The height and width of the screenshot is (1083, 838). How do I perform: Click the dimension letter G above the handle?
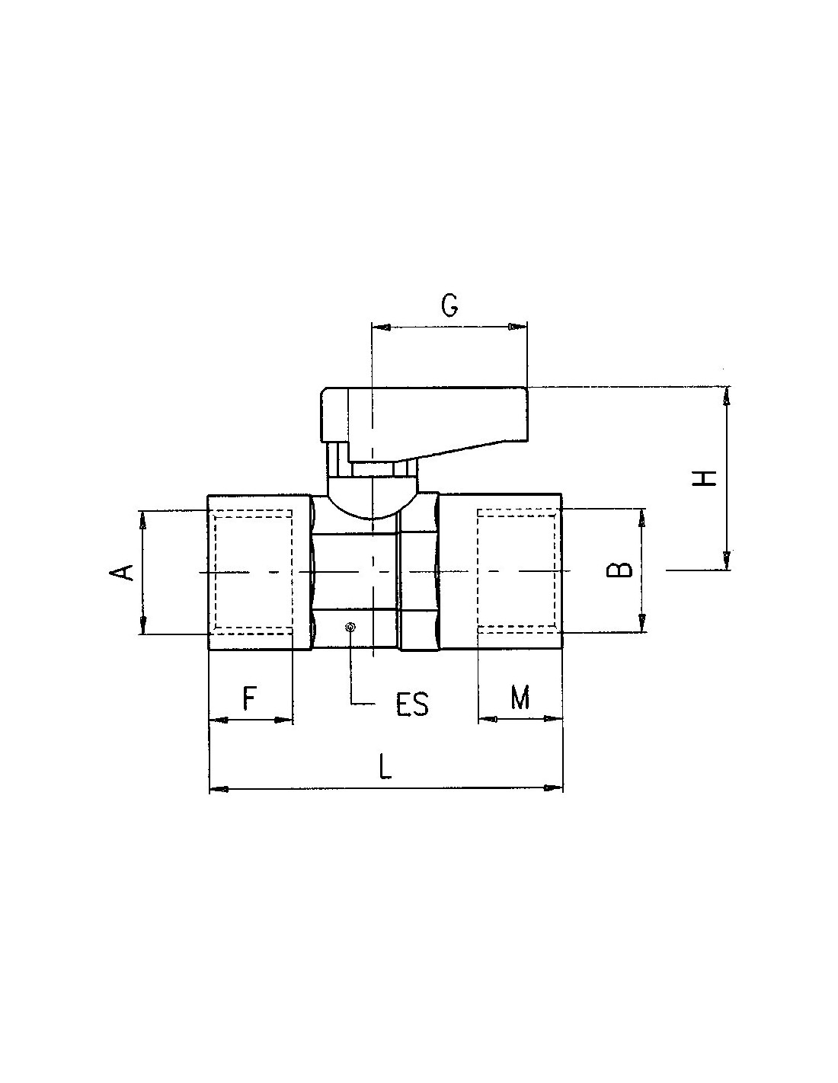coord(449,305)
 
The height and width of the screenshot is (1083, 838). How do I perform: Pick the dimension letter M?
coord(520,697)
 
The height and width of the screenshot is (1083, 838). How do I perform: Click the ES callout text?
coord(412,704)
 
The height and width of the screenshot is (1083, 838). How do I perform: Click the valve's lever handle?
coord(424,423)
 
